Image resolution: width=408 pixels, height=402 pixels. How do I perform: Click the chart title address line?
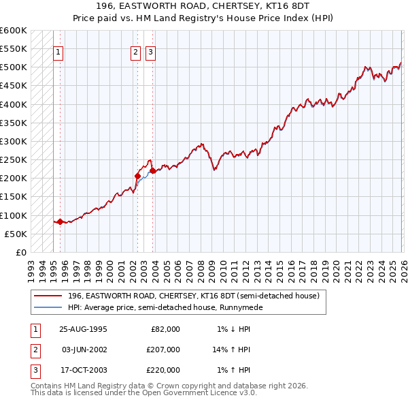tap(203, 6)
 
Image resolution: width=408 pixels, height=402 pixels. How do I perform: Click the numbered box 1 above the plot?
tap(58, 52)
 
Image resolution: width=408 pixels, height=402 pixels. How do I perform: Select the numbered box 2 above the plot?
tap(136, 52)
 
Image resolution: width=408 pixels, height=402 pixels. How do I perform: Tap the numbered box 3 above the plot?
tap(150, 52)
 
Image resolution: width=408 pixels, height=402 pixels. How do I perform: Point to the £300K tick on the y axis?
tap(14, 141)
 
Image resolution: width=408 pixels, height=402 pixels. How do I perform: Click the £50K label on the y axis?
tap(16, 234)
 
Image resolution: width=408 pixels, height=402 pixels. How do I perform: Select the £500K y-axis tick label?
tap(14, 67)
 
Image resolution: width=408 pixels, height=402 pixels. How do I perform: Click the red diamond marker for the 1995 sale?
tap(60, 221)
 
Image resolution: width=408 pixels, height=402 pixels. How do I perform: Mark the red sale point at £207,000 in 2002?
tap(137, 176)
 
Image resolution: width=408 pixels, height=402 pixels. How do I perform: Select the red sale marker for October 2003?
tap(153, 171)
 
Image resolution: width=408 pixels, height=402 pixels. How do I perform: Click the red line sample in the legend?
tap(48, 296)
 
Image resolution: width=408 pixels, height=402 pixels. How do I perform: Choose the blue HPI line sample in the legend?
tap(48, 307)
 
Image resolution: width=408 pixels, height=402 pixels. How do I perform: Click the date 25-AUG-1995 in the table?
tap(83, 329)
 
